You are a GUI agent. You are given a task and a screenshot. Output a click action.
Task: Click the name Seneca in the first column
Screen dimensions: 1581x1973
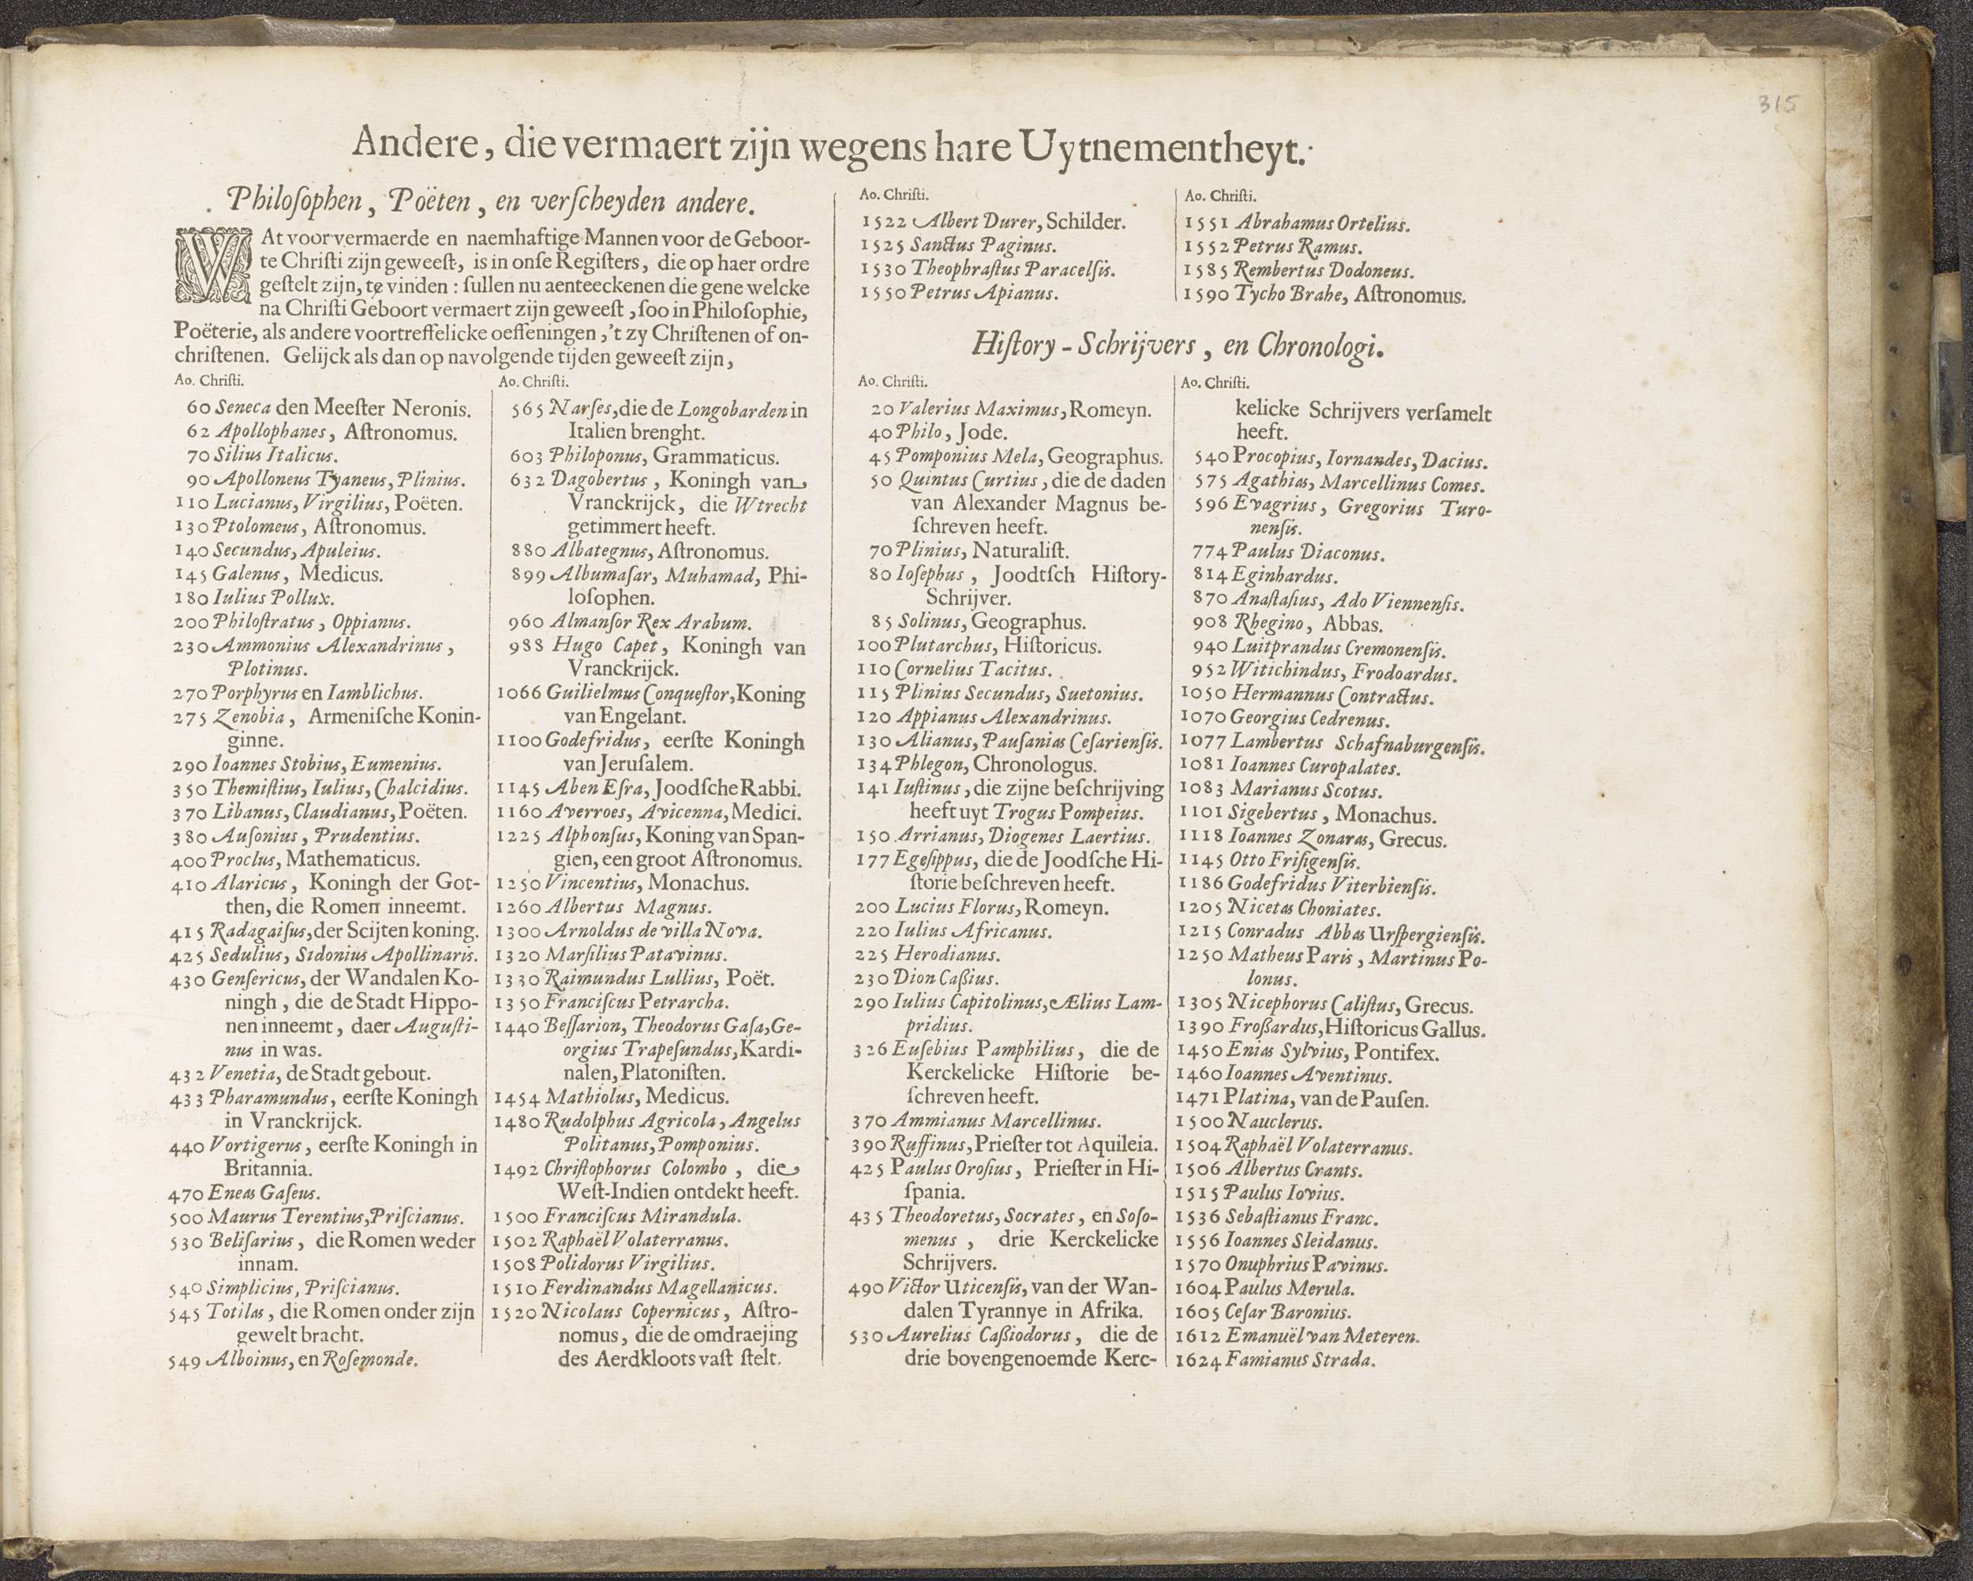tap(241, 408)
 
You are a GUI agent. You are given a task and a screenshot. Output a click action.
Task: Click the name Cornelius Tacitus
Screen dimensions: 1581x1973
tap(959, 670)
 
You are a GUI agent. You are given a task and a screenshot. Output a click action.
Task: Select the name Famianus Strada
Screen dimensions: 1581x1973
tap(1301, 1359)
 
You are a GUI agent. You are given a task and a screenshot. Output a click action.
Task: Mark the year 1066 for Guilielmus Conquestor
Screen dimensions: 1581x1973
tap(519, 694)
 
